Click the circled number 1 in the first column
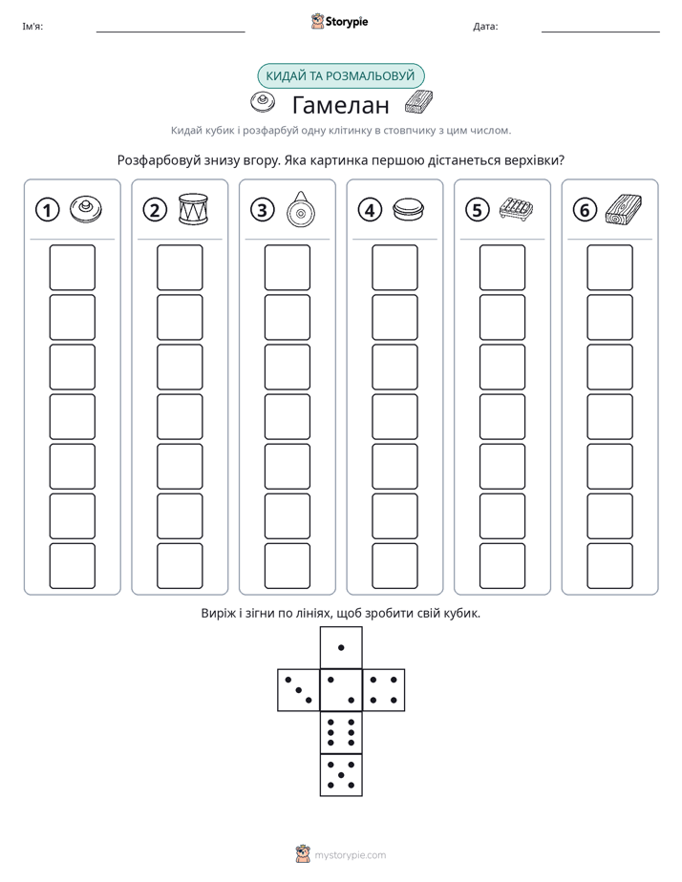coord(47,210)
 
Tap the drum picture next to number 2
coord(193,209)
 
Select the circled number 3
coord(263,210)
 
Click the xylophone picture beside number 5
coord(516,209)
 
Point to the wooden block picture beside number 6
coord(624,209)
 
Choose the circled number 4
coord(370,210)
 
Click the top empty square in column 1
coord(72,267)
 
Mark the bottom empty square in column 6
coord(610,566)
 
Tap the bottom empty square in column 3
coord(288,566)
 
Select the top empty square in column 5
coord(502,267)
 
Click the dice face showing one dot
coord(341,648)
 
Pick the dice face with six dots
coord(341,732)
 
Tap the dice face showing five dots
coord(341,775)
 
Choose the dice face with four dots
coord(384,690)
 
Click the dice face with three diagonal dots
coord(299,690)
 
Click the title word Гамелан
coord(340,105)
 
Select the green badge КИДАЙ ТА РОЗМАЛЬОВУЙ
coord(340,76)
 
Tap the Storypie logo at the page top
coord(339,22)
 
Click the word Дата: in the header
coord(485,27)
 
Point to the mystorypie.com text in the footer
coord(350,855)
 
